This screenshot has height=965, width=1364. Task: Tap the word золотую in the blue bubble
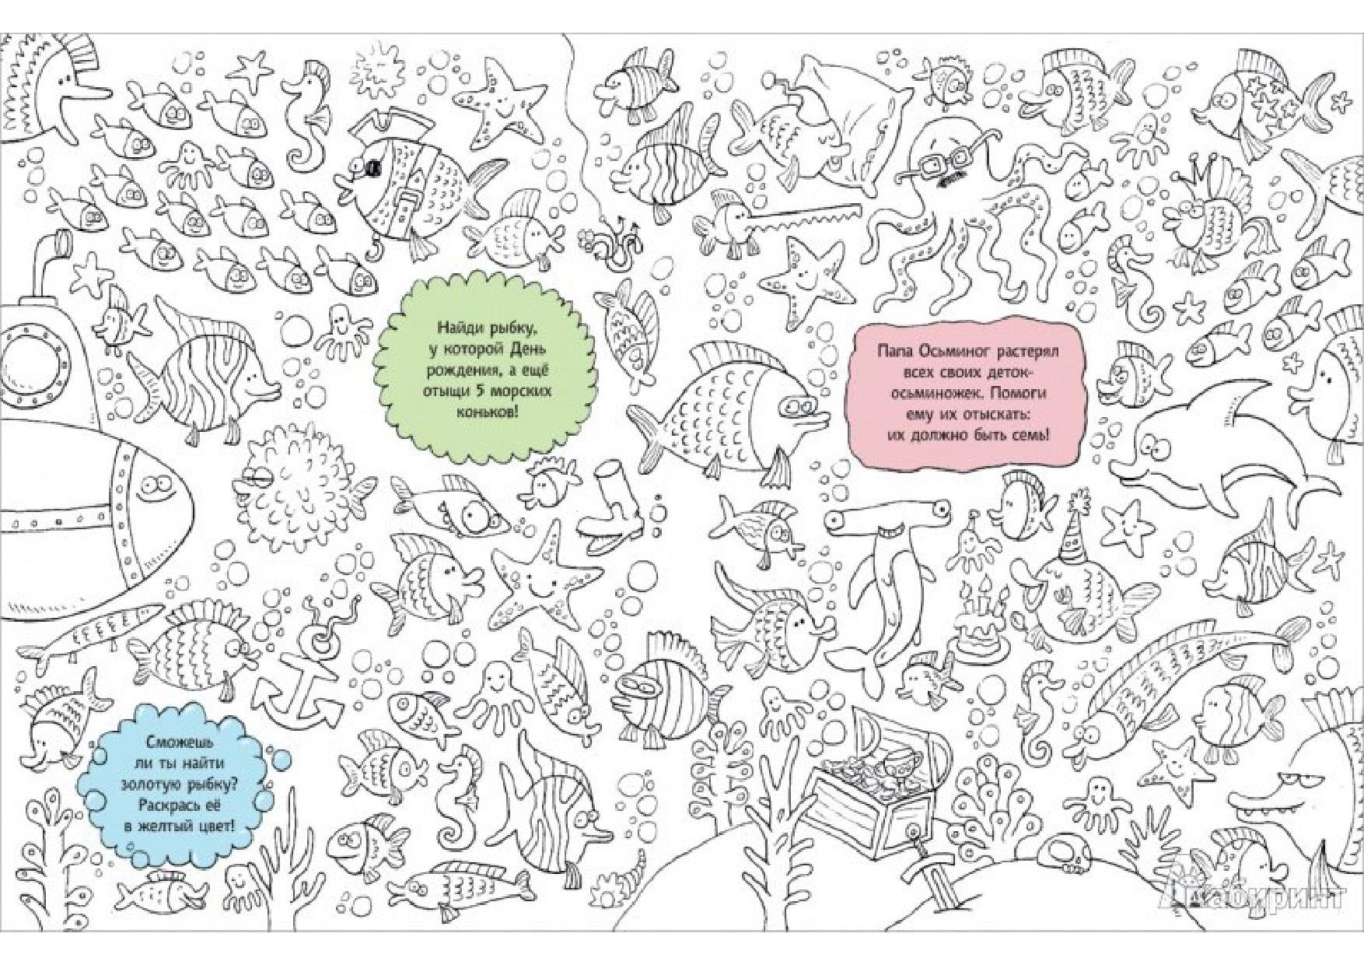pyautogui.click(x=153, y=787)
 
